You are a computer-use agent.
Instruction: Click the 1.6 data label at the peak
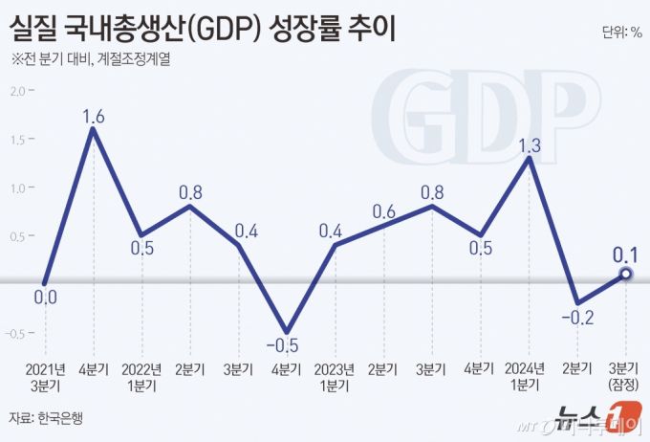(93, 117)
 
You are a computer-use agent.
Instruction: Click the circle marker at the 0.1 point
(626, 274)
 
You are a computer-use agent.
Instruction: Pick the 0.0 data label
(45, 298)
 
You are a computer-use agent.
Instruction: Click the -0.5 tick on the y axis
(17, 334)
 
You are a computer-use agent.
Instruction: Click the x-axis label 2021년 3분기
(45, 377)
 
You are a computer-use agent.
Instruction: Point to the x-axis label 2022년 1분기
(141, 377)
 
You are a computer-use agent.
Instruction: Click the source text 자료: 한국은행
(47, 418)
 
